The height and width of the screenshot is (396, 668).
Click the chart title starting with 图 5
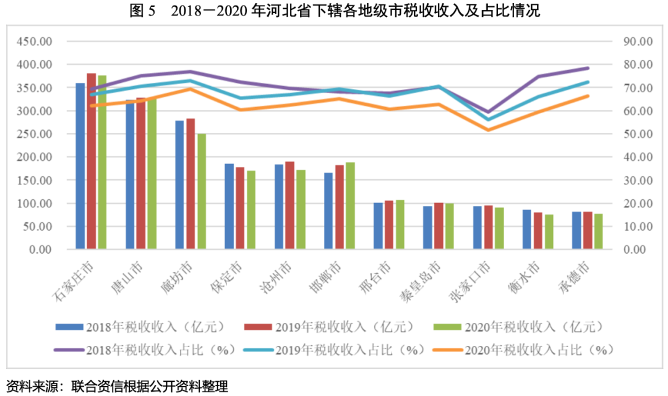pyautogui.click(x=335, y=11)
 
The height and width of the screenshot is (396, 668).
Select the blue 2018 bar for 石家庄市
pyautogui.click(x=80, y=166)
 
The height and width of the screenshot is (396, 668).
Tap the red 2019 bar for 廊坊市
pyautogui.click(x=191, y=184)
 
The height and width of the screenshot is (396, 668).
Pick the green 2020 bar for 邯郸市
pyautogui.click(x=350, y=205)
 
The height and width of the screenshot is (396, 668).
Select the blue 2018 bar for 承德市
pyautogui.click(x=576, y=230)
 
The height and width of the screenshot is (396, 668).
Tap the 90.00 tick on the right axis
pyautogui.click(x=637, y=41)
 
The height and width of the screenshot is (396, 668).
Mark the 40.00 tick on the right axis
pyautogui.click(x=637, y=157)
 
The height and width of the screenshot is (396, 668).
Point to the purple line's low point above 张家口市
pyautogui.click(x=488, y=112)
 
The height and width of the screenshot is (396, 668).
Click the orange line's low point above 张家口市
pyautogui.click(x=488, y=130)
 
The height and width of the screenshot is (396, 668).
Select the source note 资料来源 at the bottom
pyautogui.click(x=118, y=387)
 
